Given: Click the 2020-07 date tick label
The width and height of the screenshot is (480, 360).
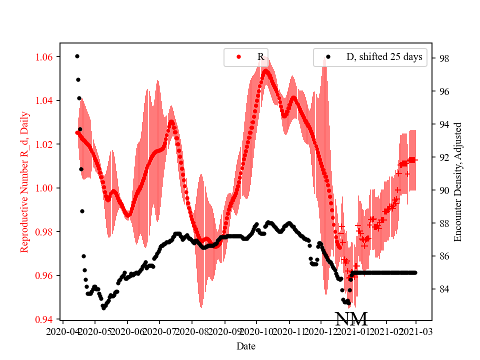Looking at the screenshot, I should (159, 331).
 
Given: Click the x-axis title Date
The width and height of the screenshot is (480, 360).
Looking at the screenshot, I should (246, 345).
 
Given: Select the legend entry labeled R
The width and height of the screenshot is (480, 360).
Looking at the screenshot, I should (260, 57).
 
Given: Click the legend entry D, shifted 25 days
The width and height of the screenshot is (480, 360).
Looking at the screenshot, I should (384, 57).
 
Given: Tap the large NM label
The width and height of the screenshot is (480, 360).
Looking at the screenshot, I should (351, 319).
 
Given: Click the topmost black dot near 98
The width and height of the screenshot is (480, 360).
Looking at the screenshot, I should (77, 56).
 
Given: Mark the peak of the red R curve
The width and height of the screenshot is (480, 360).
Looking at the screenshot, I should (265, 69).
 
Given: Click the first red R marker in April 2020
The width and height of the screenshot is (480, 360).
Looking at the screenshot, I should (77, 132).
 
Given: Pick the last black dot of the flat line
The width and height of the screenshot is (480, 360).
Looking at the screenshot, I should (415, 272).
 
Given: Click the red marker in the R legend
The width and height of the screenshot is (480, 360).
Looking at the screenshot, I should (238, 57).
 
